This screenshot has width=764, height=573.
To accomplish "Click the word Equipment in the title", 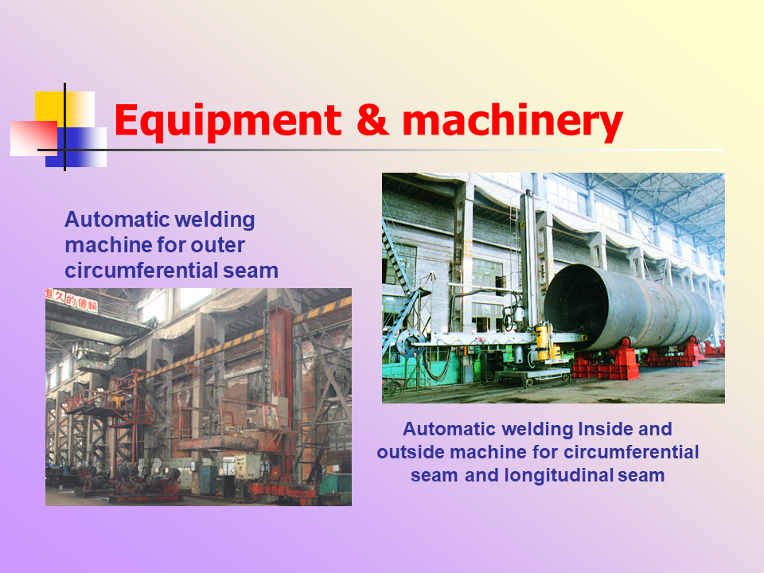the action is pos(228,121).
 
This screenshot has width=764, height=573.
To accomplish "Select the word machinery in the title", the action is pos(513,121).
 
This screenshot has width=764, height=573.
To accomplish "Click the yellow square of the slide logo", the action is pos(64,110).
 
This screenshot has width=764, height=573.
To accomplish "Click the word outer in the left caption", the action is pos(217,245).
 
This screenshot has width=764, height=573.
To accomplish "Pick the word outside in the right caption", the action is pos(411,452).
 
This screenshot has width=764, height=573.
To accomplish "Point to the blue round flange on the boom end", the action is pos(410,342).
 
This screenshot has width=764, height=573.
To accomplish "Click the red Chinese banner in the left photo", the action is pos(72,300).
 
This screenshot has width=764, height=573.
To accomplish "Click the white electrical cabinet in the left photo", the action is pos(248,466).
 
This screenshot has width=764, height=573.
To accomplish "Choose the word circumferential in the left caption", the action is pos(142,271).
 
